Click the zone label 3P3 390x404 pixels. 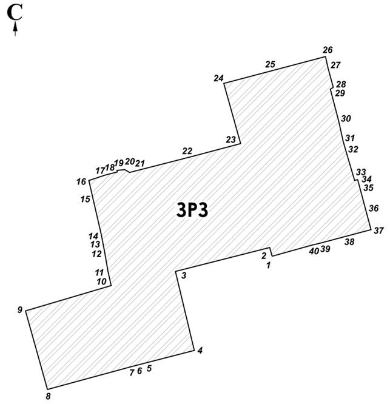tap(192, 210)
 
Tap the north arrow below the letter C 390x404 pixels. tap(15, 29)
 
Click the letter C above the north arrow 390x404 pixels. tap(15, 12)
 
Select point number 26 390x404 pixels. tap(328, 50)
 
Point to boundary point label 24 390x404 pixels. tap(218, 78)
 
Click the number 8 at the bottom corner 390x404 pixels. tap(48, 396)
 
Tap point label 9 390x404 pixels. tap(20, 310)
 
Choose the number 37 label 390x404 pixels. tap(378, 231)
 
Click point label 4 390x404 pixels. tap(200, 351)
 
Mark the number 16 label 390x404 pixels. tap(81, 181)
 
